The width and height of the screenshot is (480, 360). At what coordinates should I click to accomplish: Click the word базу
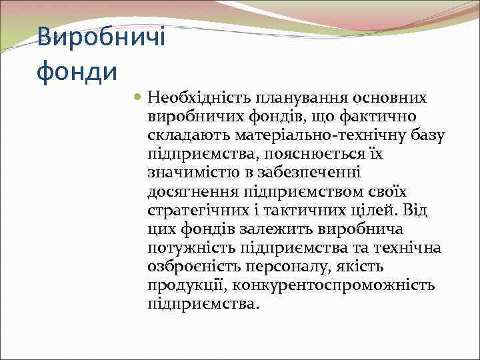[x=427, y=136]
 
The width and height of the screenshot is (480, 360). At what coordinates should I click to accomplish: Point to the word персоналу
[x=294, y=267]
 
